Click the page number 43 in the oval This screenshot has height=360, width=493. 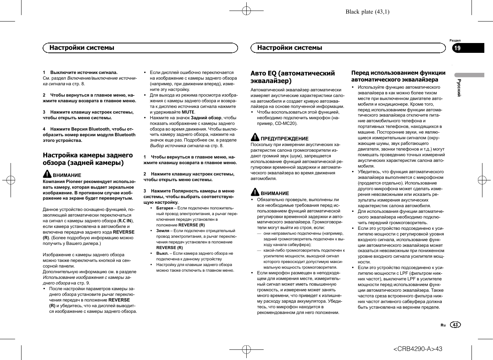coord(455,325)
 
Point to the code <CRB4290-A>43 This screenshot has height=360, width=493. coord(418,349)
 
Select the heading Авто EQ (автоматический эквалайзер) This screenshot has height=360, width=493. coord(292,77)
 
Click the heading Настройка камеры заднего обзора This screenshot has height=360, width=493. coord(88,159)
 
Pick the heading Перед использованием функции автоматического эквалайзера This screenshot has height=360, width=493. coord(398,76)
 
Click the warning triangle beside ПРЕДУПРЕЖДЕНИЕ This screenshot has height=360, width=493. coord(255,137)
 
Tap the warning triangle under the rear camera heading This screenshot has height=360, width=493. coord(47,174)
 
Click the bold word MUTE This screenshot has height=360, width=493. coord(188,112)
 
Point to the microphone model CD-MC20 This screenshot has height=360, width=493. coord(286,123)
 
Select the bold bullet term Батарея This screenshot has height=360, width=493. coord(164,208)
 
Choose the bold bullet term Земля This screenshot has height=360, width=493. coord(163,231)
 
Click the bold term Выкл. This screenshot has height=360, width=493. coord(162,254)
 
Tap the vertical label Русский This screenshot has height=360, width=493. coord(459,88)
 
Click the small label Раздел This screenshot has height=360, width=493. coord(455,40)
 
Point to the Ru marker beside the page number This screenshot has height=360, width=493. coord(443,325)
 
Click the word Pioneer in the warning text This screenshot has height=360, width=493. coord(74,182)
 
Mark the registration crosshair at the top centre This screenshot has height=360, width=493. coord(246,11)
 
